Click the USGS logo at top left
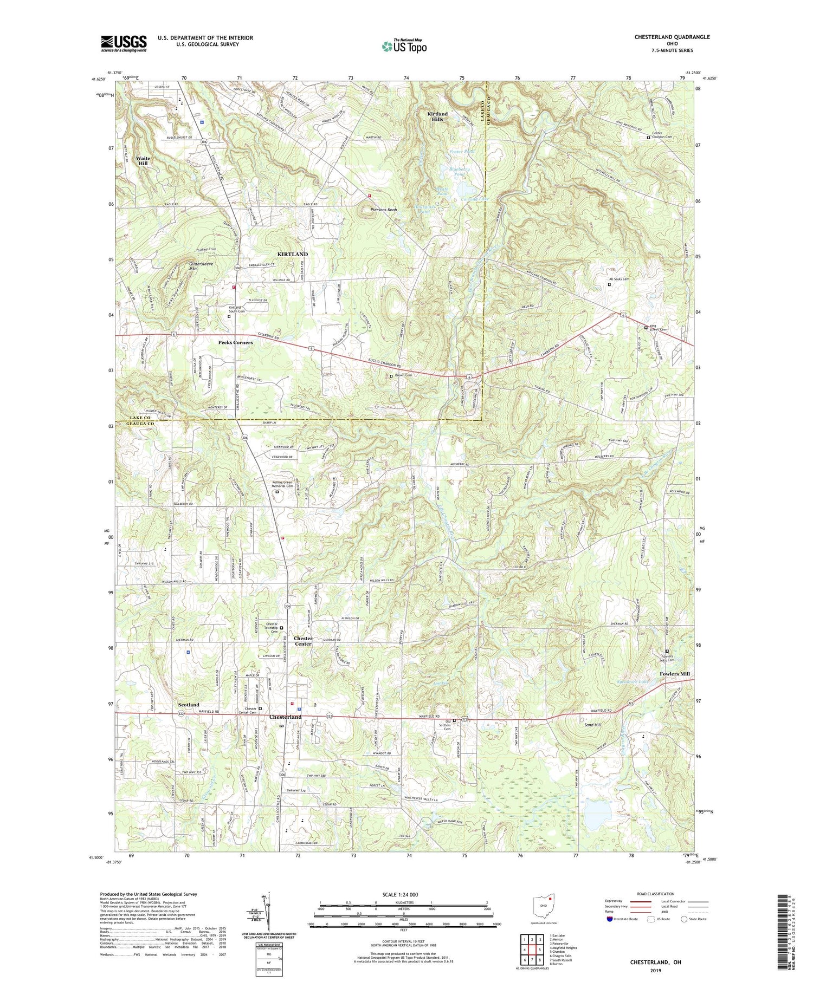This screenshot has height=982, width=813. coord(124,43)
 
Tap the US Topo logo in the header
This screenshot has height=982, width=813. coord(404,47)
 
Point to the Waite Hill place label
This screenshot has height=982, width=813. coord(143,161)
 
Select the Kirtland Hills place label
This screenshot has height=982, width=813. coord(437,116)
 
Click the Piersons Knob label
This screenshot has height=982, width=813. coord(384,210)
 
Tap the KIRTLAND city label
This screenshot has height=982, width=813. coord(292,254)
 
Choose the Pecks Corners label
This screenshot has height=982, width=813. coord(235,343)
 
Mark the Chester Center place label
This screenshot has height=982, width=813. coord(303,641)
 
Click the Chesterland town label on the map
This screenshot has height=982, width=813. coord(285,717)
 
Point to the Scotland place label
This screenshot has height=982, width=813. coord(189,705)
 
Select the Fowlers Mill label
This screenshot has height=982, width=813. coord(675,674)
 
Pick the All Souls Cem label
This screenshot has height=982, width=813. coord(619,279)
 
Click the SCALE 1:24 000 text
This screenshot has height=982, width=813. coord(403,894)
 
